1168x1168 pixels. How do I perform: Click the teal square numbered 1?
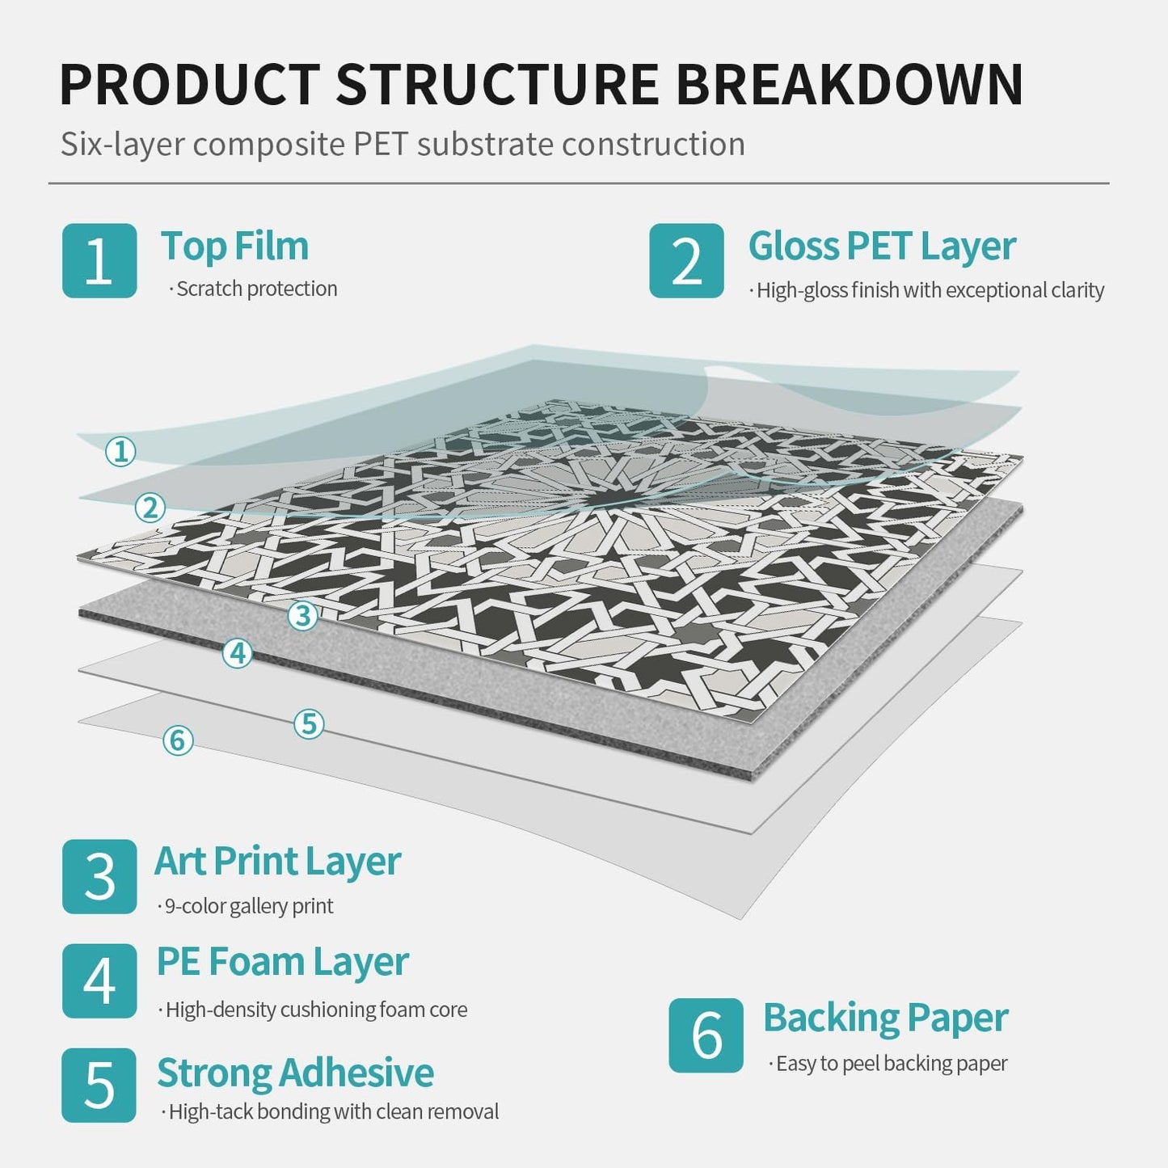[x=99, y=260]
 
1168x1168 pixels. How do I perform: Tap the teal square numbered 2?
[x=686, y=260]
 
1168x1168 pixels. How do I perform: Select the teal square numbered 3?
[x=99, y=876]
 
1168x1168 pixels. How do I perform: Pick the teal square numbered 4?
[x=99, y=980]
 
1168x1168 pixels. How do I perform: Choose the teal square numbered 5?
[x=99, y=1085]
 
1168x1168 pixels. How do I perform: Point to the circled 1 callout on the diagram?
[x=120, y=452]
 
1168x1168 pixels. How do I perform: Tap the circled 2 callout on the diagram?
[x=150, y=508]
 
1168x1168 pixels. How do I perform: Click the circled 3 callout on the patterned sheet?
[x=302, y=616]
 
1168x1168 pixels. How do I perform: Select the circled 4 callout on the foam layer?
[x=237, y=653]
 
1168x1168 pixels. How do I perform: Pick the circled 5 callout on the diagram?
[x=309, y=723]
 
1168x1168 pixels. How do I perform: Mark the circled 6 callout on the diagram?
[x=178, y=740]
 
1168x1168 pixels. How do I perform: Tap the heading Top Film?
[x=234, y=247]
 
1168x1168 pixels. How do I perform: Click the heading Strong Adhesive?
[x=295, y=1073]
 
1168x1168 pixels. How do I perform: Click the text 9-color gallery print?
[x=249, y=906]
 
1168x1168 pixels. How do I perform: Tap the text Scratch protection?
[x=257, y=289]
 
